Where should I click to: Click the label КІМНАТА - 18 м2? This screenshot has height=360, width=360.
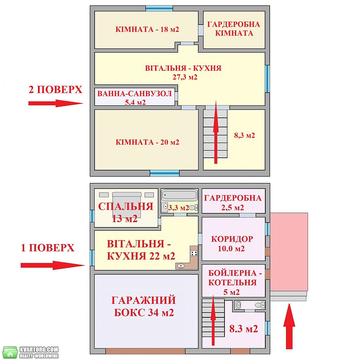pyautogui.click(x=147, y=29)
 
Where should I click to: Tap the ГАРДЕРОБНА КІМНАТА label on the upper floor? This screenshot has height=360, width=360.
pyautogui.click(x=234, y=29)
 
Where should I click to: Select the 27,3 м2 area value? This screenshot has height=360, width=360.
pyautogui.click(x=185, y=77)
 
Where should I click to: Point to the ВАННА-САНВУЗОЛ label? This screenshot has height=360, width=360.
pyautogui.click(x=135, y=94)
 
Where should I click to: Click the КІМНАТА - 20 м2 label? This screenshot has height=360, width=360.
pyautogui.click(x=147, y=142)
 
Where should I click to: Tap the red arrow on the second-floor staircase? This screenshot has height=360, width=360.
pyautogui.click(x=216, y=132)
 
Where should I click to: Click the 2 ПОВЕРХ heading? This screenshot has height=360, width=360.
pyautogui.click(x=55, y=89)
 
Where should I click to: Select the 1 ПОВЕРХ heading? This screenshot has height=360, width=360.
pyautogui.click(x=47, y=248)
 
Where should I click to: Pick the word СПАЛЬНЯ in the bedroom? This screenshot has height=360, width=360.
pyautogui.click(x=126, y=207)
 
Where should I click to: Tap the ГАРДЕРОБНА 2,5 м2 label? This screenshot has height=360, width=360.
pyautogui.click(x=233, y=203)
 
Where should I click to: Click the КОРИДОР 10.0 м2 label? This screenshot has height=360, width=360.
pyautogui.click(x=232, y=243)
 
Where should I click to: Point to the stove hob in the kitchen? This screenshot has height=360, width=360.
pyautogui.click(x=194, y=253)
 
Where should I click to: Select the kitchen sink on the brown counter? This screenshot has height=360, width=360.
pyautogui.click(x=181, y=266)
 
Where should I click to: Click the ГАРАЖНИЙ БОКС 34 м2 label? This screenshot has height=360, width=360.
pyautogui.click(x=144, y=306)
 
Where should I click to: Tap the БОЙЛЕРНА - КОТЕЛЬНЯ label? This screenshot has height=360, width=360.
pyautogui.click(x=235, y=278)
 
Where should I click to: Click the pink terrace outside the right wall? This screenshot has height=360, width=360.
pyautogui.click(x=289, y=252)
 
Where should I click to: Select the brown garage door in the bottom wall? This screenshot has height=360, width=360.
pyautogui.click(x=145, y=351)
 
